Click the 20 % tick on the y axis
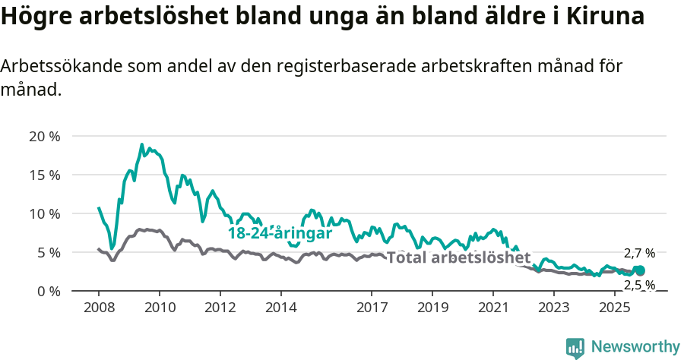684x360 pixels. [45, 137]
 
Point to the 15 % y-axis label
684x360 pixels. [45, 175]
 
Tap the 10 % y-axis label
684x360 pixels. [45, 213]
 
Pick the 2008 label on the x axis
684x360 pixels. [99, 308]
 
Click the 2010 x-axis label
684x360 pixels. [160, 308]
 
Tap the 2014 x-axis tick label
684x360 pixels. [280, 308]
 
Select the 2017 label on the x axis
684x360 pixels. [372, 308]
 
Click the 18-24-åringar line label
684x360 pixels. [280, 233]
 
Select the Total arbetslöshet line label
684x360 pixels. [458, 257]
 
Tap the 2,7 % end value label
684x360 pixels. [639, 254]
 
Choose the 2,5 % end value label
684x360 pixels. [639, 285]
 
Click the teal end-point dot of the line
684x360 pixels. [640, 270]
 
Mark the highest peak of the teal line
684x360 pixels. [142, 144]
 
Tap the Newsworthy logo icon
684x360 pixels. [575, 348]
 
